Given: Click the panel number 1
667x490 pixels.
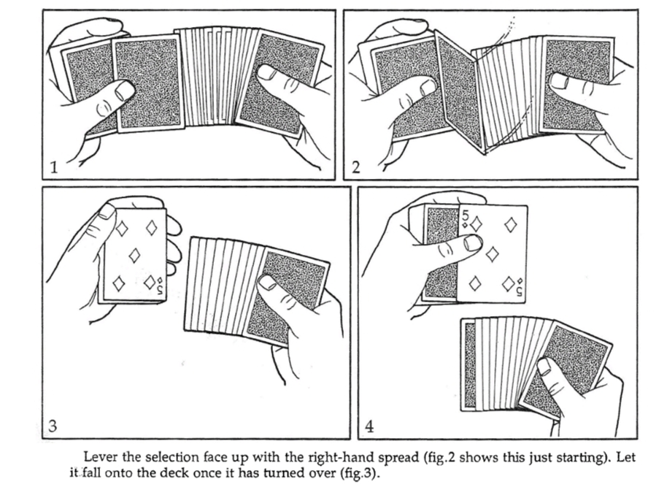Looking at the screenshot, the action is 53,167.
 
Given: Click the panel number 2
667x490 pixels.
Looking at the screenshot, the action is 356,167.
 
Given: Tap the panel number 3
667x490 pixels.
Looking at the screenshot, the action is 53,425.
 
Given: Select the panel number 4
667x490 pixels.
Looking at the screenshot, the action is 369,426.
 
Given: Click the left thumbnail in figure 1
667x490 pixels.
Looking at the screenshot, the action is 126,89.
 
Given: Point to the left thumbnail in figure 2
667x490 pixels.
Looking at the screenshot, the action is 428,87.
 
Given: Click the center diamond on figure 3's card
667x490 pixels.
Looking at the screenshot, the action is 134,256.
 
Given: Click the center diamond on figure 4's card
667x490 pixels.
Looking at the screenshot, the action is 492,255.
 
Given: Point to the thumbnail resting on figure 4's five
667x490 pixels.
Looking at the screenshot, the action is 473,243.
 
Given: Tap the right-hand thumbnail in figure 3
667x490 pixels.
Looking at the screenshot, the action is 268,283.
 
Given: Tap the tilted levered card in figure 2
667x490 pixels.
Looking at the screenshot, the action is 459,91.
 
